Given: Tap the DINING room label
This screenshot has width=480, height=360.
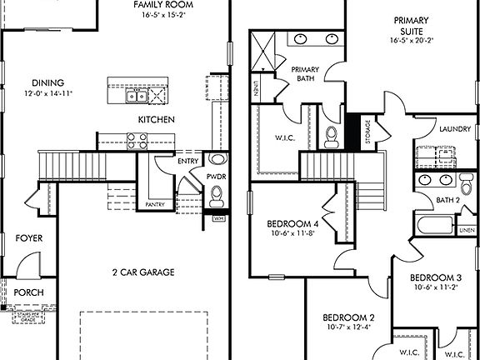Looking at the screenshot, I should (x=48, y=82).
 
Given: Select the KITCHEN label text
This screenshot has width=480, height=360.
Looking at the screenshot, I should (x=156, y=120).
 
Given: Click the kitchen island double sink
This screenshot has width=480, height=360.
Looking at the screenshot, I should (x=137, y=97).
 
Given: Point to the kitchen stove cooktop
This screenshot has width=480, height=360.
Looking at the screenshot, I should (x=137, y=140).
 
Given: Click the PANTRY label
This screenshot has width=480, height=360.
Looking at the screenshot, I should (x=155, y=204).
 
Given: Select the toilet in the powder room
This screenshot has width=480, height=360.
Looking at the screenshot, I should (x=217, y=195).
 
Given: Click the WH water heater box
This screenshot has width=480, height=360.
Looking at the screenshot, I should (x=219, y=218).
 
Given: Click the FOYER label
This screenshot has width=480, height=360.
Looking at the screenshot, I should (x=29, y=238).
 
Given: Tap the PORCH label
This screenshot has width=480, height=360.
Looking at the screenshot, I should (x=29, y=292).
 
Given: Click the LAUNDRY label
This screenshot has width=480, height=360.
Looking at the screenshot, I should (x=455, y=129).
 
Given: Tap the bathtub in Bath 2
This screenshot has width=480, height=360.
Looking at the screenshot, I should (x=433, y=225).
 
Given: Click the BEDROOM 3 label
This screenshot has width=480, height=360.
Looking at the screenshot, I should (x=435, y=277).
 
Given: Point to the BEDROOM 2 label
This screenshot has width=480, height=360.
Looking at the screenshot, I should (x=348, y=317).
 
